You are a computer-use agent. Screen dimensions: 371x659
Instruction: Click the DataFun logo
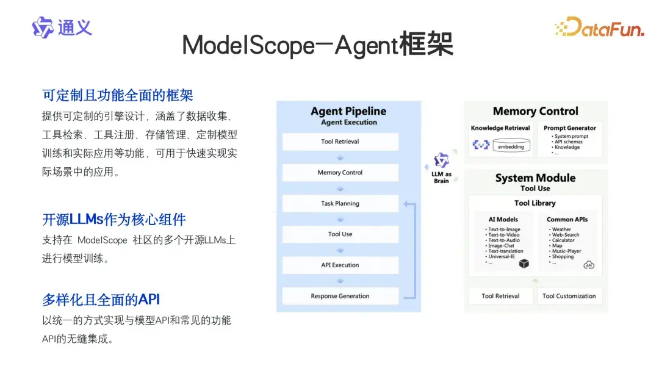[599, 27]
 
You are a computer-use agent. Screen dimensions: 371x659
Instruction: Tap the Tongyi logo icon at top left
[43, 27]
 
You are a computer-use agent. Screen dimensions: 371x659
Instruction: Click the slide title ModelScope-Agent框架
[317, 45]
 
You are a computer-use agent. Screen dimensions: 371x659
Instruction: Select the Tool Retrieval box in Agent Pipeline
[340, 142]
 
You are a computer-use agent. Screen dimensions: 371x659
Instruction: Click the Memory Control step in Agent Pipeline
[340, 173]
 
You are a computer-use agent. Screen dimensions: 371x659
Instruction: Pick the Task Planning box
[340, 203]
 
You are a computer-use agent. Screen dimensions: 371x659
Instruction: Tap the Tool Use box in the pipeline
[340, 234]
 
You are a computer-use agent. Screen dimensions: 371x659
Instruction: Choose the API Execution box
[340, 265]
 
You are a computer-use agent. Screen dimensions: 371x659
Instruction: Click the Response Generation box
[340, 296]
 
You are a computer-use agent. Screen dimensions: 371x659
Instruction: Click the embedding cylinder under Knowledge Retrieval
[511, 146]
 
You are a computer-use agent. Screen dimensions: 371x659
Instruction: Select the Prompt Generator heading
[570, 128]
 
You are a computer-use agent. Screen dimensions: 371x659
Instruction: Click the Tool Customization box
[569, 296]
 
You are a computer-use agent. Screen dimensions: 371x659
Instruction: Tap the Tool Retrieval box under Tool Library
[500, 296]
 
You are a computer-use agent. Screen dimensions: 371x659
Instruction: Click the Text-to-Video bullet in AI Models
[504, 235]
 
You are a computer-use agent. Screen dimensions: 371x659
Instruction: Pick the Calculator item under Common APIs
[563, 240]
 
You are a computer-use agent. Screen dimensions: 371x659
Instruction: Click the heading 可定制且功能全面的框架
[118, 95]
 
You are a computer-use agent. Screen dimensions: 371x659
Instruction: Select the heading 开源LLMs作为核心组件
[114, 220]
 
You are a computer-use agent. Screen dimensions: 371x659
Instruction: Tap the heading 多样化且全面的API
[101, 300]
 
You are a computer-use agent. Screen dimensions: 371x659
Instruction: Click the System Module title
[535, 178]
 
